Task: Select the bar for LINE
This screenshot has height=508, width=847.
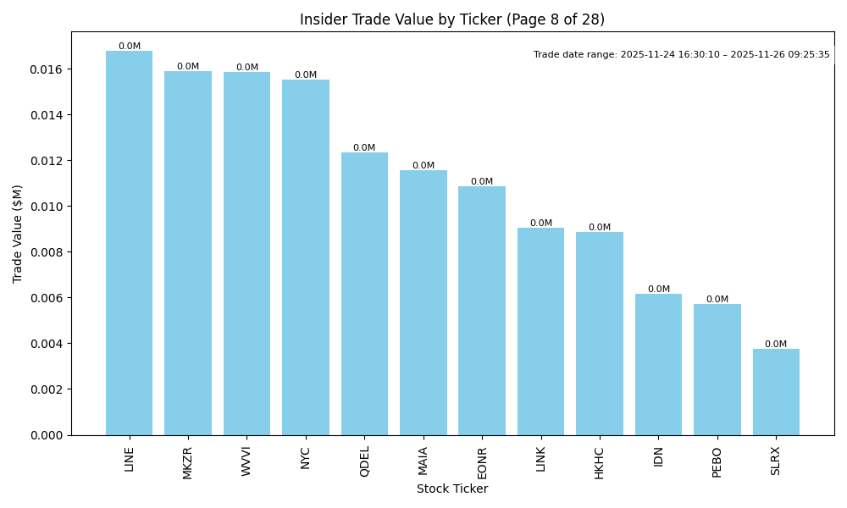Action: tap(129, 243)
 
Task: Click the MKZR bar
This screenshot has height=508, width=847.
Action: tap(188, 253)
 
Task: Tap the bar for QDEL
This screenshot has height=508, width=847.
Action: tap(364, 294)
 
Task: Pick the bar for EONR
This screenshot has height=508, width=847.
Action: tap(482, 311)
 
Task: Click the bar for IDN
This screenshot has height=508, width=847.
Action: tap(658, 364)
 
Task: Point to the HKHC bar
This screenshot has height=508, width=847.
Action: tap(600, 334)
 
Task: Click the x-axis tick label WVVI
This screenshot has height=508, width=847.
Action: tap(246, 462)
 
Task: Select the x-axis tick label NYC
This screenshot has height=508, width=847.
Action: tap(306, 458)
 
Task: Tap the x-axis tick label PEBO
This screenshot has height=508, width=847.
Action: tap(717, 462)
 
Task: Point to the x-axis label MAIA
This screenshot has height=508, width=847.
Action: tap(423, 461)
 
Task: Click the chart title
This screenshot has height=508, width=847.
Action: tap(452, 19)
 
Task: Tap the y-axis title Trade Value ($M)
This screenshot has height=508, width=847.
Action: tap(18, 233)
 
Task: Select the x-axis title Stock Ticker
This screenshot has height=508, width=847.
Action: tap(452, 489)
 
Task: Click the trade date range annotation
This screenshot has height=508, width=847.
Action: tap(681, 54)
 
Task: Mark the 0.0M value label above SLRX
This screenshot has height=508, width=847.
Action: tap(776, 345)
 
